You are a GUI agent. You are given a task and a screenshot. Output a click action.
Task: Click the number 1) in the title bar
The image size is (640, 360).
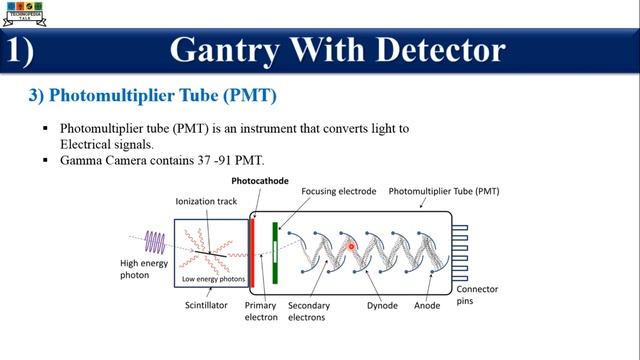(x=22, y=49)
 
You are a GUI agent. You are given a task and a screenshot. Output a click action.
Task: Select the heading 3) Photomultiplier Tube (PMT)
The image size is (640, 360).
(x=152, y=96)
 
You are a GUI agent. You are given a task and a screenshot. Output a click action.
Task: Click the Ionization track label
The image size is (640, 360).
(x=206, y=201)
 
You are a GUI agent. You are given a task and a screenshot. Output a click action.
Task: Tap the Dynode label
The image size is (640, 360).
(x=382, y=305)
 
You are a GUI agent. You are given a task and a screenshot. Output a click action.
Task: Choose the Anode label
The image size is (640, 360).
(x=427, y=305)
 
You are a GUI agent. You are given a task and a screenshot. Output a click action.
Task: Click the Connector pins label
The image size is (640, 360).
(x=477, y=295)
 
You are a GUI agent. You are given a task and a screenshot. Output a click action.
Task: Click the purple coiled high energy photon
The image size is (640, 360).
(x=155, y=241)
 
